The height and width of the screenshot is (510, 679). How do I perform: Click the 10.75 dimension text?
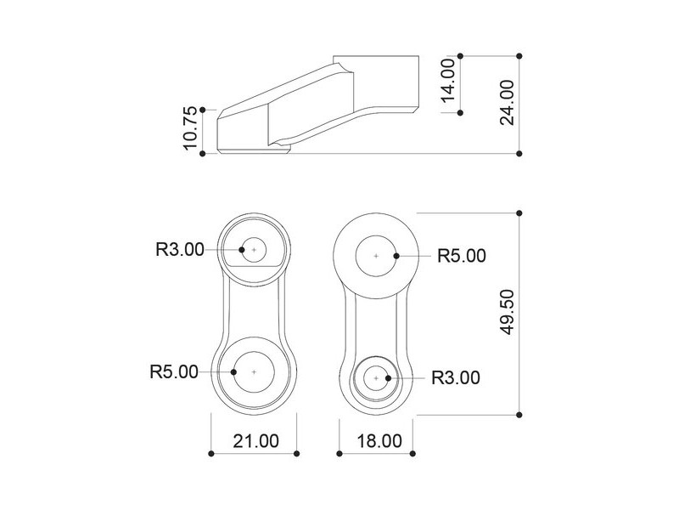[190, 128]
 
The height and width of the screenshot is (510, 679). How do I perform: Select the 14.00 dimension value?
[448, 81]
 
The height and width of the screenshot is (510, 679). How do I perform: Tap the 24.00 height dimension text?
[507, 103]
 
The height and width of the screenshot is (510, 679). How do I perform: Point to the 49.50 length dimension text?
[507, 312]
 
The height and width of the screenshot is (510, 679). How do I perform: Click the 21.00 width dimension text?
[256, 441]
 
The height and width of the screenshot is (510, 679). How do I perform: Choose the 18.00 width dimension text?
[379, 441]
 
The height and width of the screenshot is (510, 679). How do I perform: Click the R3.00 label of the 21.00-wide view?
[180, 249]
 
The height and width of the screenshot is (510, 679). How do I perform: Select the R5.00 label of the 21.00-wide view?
[174, 371]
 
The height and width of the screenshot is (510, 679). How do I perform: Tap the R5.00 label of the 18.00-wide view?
[462, 256]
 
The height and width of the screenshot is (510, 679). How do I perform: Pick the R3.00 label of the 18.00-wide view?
[456, 377]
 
